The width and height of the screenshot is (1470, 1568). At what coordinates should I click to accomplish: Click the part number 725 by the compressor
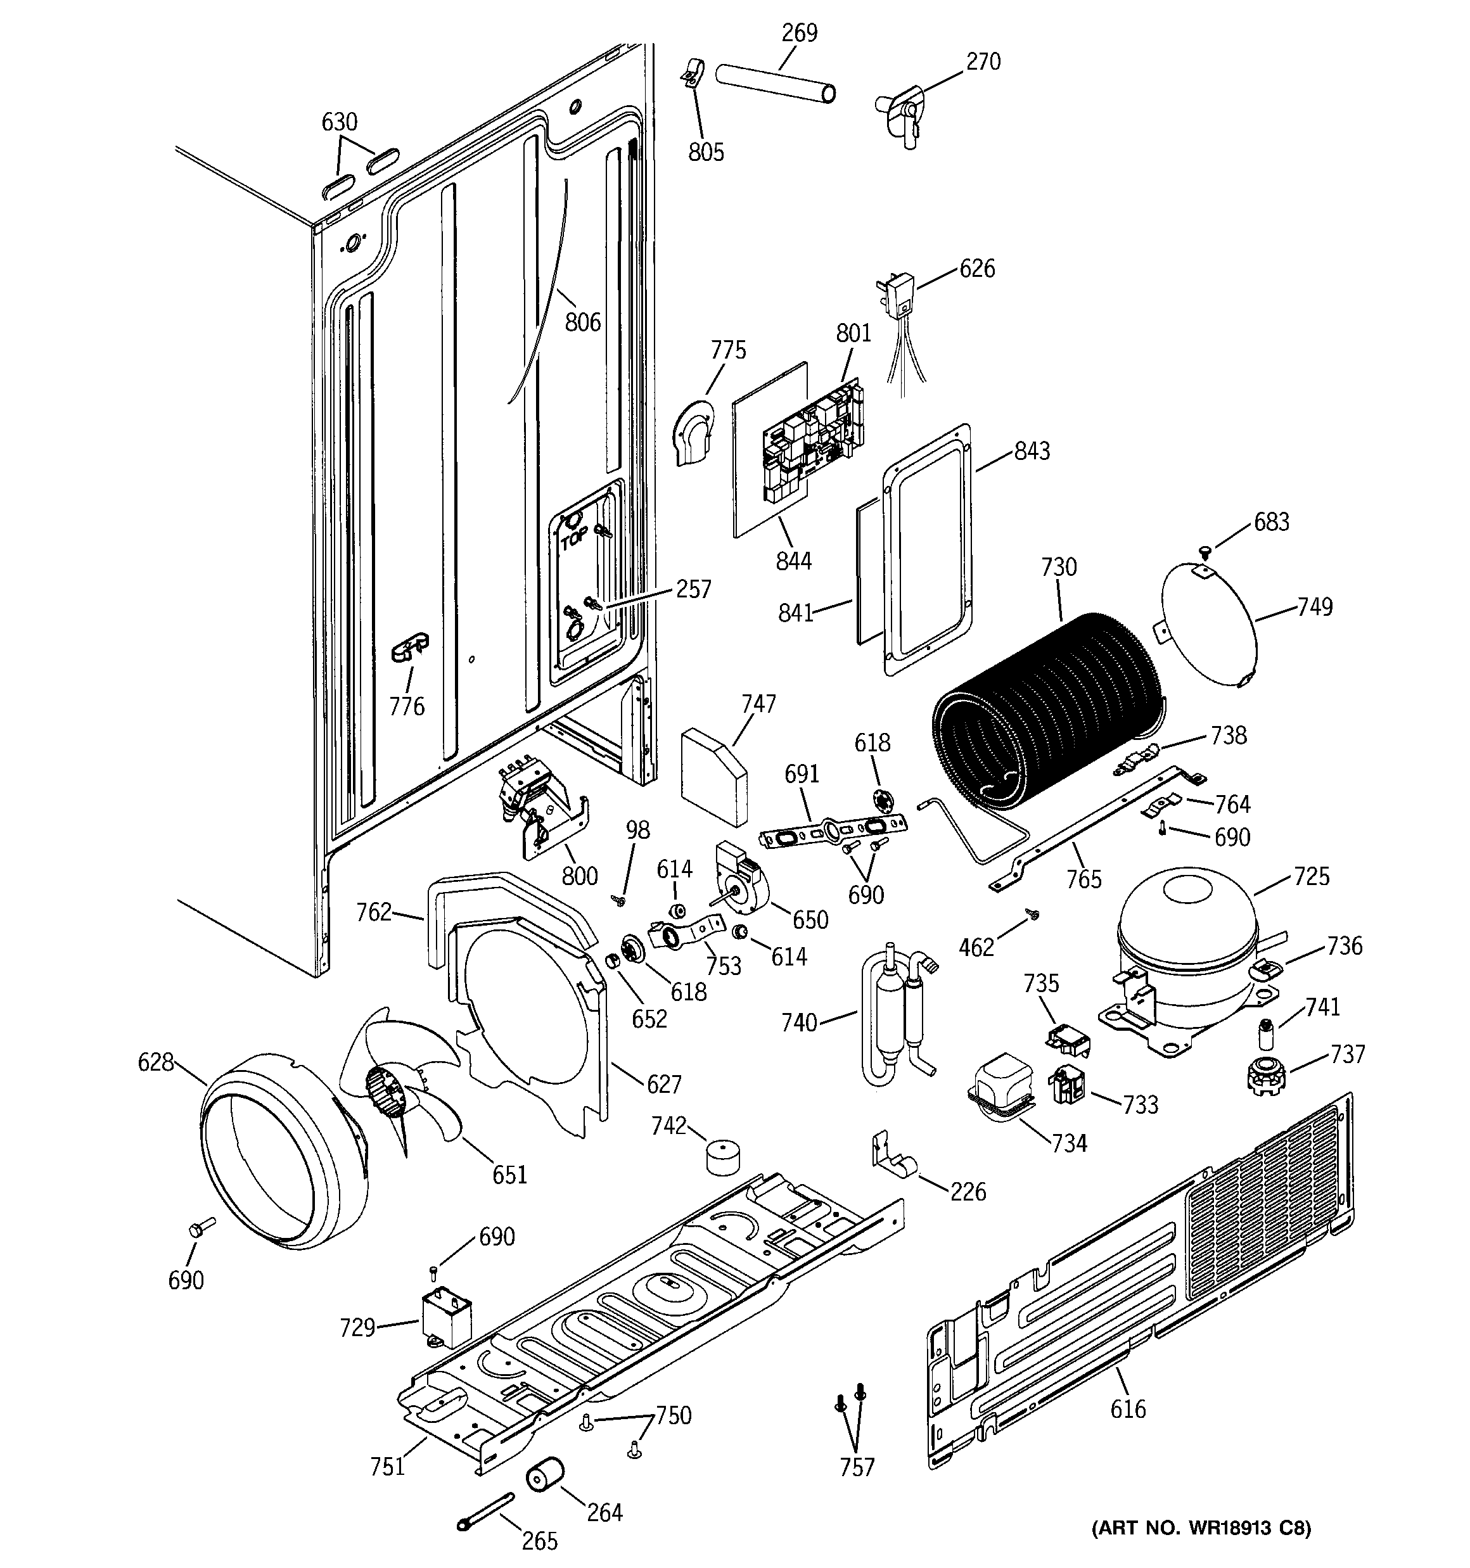pos(1312,876)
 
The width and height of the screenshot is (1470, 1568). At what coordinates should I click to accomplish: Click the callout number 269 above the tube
pos(799,33)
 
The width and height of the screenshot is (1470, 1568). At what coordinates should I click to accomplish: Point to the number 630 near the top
pos(339,122)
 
